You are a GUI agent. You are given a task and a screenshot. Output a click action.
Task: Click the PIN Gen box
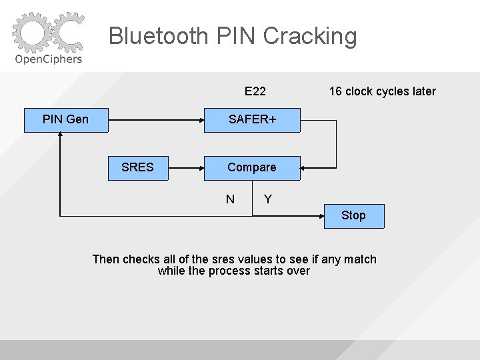tap(65, 120)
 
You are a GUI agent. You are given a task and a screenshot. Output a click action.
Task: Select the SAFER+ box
tap(252, 120)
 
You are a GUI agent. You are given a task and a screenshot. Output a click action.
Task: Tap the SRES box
tap(137, 167)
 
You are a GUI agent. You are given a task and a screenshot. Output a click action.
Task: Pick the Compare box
tap(252, 167)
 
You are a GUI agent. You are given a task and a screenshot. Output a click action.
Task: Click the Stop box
tap(353, 215)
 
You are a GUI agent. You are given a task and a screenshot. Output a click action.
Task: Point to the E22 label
tap(255, 91)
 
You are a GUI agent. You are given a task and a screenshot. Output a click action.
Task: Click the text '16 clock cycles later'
tap(382, 91)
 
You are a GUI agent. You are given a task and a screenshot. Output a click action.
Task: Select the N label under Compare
tap(230, 199)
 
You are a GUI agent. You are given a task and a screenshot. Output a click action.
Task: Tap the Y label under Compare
tap(267, 199)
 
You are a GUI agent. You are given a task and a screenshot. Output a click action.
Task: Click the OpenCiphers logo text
tap(49, 59)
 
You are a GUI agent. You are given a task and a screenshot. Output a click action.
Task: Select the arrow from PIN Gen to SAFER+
tap(156, 120)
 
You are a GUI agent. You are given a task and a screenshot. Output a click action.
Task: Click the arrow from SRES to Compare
tap(187, 167)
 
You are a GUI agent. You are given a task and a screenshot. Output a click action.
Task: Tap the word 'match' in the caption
tap(360, 259)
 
